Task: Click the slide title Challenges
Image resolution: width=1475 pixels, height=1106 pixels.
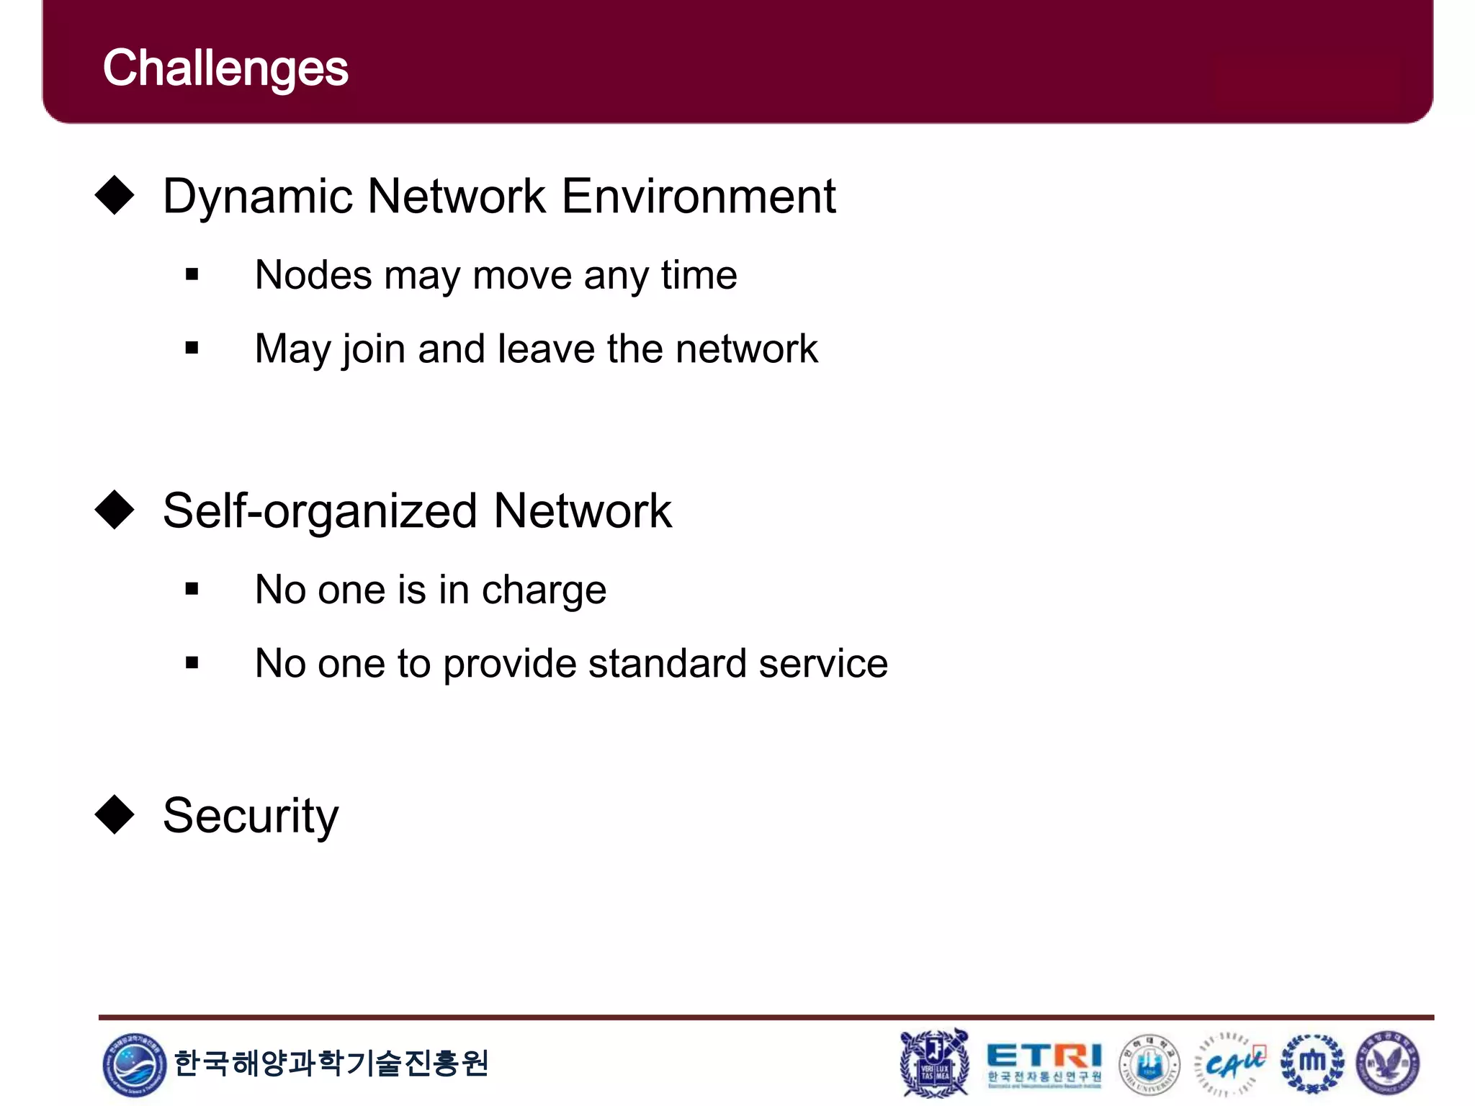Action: point(225,69)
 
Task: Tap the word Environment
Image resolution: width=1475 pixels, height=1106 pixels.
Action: point(698,196)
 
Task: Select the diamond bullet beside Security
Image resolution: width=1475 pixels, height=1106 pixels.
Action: point(115,815)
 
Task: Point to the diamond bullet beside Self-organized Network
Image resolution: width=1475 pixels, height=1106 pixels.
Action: point(115,510)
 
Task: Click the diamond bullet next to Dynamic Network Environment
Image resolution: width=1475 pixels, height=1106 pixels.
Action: point(115,195)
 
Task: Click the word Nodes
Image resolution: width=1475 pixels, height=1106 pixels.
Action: point(313,275)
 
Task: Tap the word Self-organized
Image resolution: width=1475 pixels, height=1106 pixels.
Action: point(320,511)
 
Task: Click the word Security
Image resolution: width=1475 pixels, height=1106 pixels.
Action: point(250,817)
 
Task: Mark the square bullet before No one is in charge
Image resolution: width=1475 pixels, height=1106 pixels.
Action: point(192,590)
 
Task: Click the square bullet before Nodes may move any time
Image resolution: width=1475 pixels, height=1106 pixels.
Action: point(192,274)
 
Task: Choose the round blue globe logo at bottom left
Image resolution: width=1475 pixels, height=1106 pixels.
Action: point(134,1064)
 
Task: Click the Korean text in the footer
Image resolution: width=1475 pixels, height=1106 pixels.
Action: point(331,1063)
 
